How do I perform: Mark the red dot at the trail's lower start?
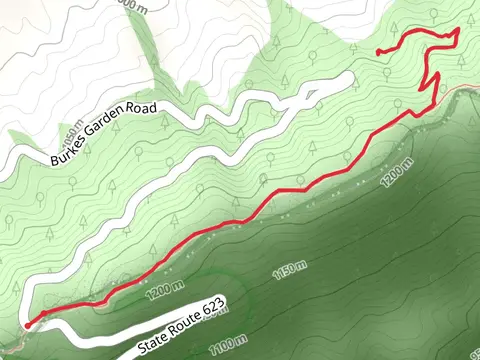[x=26, y=324]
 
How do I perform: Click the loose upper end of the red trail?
[x=376, y=51]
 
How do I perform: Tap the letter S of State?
[x=140, y=349]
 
